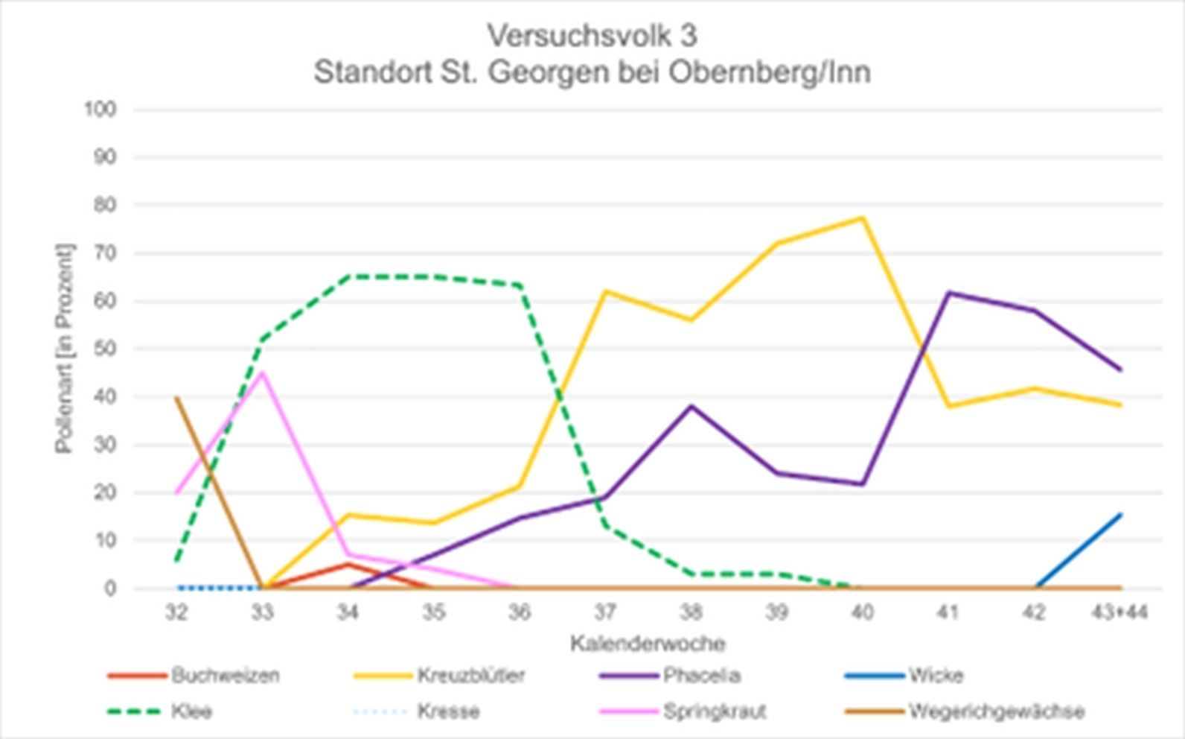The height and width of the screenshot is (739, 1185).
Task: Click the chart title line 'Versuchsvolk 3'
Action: pyautogui.click(x=592, y=35)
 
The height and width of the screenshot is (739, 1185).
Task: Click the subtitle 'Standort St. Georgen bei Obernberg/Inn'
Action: pyautogui.click(x=592, y=72)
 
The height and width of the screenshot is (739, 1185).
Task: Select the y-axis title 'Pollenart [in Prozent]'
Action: pyautogui.click(x=65, y=348)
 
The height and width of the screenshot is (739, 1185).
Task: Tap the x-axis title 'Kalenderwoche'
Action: pyautogui.click(x=648, y=643)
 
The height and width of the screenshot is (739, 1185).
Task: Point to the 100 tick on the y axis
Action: pyautogui.click(x=100, y=110)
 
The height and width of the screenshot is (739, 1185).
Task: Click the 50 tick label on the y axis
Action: pyautogui.click(x=105, y=349)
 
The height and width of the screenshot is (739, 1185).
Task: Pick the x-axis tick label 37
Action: pyautogui.click(x=604, y=612)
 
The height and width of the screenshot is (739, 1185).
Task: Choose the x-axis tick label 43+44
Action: pyautogui.click(x=1119, y=612)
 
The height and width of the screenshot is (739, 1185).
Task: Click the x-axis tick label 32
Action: pyautogui.click(x=176, y=612)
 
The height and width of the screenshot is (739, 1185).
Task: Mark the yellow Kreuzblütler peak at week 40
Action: pyautogui.click(x=862, y=218)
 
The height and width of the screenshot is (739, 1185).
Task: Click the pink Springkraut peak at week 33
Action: pyautogui.click(x=262, y=372)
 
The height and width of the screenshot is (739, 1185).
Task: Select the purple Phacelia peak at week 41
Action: pyautogui.click(x=948, y=292)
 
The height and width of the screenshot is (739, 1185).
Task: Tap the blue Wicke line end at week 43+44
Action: pyautogui.click(x=1119, y=514)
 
